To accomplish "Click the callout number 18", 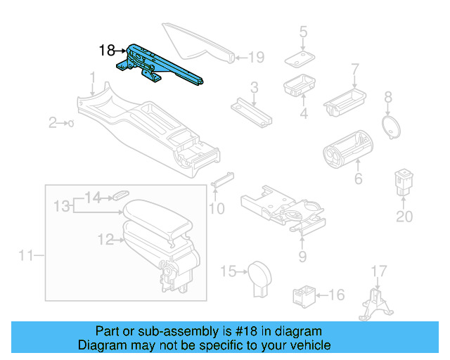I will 107,51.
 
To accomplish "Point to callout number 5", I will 303,32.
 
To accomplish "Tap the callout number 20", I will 404,217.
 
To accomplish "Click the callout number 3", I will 254,88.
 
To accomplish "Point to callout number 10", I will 217,208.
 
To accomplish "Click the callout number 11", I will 25,255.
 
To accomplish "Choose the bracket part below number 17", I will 376,307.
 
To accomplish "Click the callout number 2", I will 52,124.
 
